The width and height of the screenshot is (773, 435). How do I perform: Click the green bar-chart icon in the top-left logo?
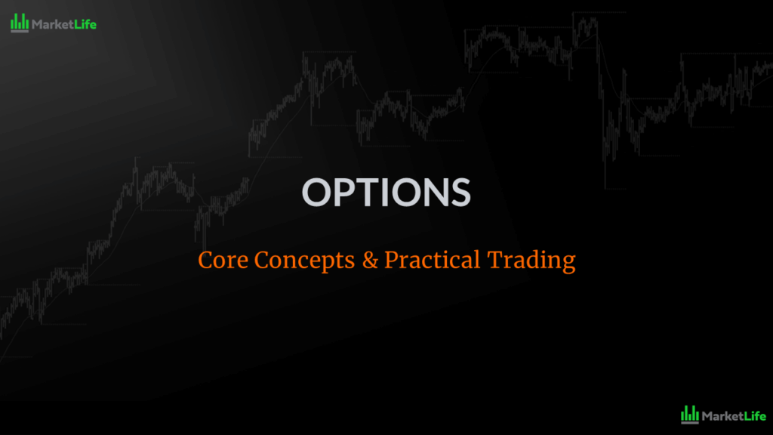20,23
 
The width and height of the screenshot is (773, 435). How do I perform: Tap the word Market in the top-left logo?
52,24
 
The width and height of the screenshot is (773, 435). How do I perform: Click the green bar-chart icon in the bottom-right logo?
689,414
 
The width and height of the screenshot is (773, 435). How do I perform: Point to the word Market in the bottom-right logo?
722,415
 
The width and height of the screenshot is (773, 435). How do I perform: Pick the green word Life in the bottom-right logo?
754,415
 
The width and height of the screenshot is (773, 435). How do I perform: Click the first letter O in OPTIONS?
317,193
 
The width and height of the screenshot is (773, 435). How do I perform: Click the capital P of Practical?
391,261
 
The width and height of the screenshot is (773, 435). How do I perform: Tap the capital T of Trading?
494,261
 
